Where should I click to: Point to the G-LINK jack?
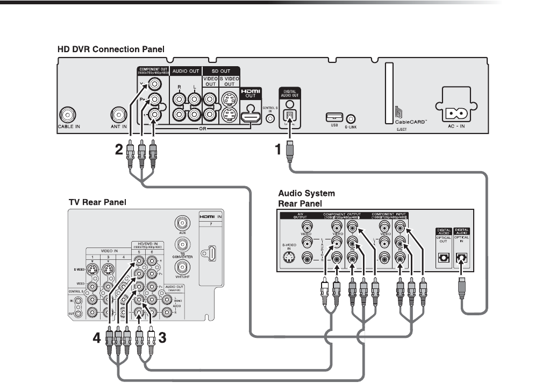pos(351,117)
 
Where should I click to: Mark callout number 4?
pos(96,338)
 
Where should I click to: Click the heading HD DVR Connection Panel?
pos(111,49)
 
